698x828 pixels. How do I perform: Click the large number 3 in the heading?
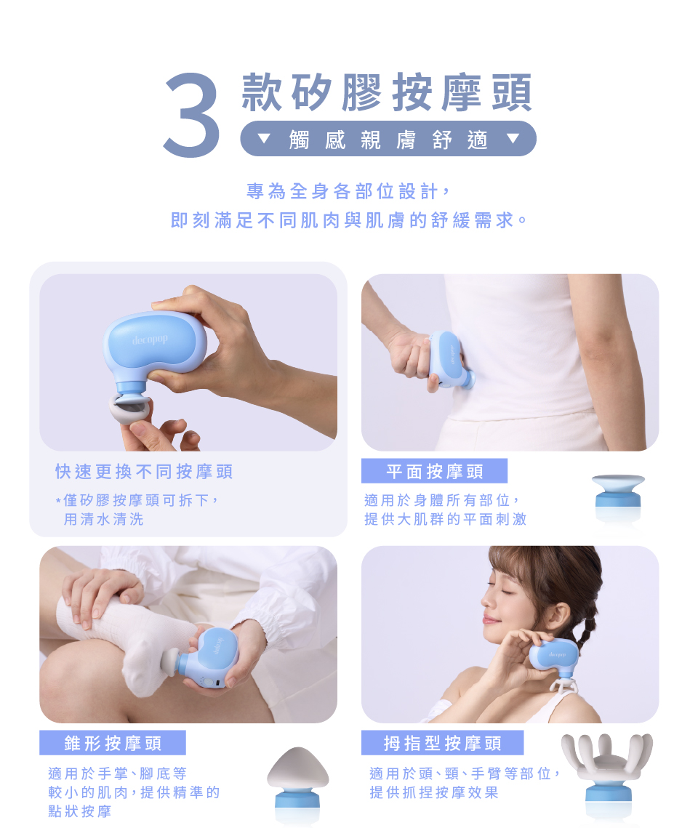click(192, 115)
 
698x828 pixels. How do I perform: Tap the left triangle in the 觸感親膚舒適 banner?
click(263, 139)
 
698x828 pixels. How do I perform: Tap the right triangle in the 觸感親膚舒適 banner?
click(513, 138)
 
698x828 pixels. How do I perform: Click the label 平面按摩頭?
click(435, 471)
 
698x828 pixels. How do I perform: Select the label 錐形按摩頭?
click(113, 743)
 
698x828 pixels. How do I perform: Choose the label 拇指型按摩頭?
click(443, 743)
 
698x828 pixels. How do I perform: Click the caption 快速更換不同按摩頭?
click(144, 471)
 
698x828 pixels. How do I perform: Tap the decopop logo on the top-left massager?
click(150, 339)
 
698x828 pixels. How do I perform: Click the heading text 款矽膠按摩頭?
click(387, 92)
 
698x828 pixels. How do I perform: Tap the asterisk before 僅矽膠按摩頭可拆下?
click(58, 500)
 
